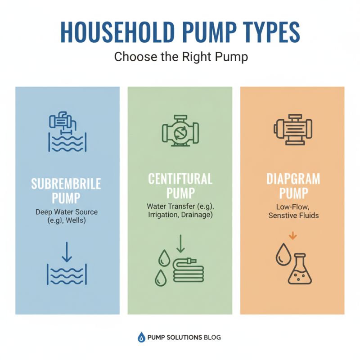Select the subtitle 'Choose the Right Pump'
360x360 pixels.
(180, 57)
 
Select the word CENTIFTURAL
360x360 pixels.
(180, 179)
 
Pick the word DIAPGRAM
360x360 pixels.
(293, 179)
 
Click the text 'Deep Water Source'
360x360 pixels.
(67, 211)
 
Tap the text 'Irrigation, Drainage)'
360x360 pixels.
(180, 215)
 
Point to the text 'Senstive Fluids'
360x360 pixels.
(293, 216)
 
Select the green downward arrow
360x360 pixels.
(180, 243)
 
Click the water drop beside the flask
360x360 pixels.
(282, 255)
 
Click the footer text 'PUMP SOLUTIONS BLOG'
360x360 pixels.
(184, 337)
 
